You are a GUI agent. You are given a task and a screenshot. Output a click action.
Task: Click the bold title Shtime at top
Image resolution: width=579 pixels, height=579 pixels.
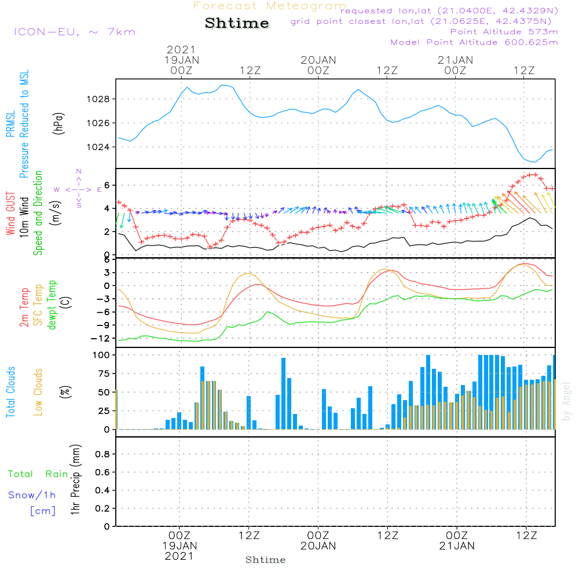click(237, 23)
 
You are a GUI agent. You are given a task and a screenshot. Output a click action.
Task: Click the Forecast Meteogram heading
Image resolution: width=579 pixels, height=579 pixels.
click(270, 6)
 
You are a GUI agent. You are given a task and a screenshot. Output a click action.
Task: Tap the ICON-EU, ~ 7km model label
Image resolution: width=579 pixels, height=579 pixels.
click(75, 32)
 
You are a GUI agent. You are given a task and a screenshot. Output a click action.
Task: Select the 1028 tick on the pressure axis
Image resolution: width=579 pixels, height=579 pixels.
click(98, 100)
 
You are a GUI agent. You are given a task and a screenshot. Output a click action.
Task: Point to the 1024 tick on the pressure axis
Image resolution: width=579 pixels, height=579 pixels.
click(98, 147)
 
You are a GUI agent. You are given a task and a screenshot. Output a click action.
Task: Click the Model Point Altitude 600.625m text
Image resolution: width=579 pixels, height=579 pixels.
click(474, 42)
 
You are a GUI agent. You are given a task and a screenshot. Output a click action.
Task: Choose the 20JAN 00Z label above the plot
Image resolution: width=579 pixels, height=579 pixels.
click(318, 65)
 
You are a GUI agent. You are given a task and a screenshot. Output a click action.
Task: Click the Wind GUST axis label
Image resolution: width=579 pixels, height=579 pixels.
click(10, 213)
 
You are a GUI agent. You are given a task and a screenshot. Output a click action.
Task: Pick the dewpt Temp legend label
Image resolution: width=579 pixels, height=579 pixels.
click(52, 305)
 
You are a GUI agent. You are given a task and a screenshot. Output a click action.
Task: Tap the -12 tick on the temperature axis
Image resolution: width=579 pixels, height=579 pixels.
click(100, 339)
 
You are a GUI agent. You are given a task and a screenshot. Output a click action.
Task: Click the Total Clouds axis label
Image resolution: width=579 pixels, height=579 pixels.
click(10, 392)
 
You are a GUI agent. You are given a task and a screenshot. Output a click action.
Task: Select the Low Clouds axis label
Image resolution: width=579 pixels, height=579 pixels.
click(38, 392)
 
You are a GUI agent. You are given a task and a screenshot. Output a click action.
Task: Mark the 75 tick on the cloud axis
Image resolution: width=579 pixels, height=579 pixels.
click(104, 373)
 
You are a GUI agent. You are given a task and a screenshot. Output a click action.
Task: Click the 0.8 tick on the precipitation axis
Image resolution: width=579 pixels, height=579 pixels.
click(102, 454)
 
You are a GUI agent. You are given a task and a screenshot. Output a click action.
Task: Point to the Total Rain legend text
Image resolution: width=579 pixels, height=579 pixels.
click(38, 474)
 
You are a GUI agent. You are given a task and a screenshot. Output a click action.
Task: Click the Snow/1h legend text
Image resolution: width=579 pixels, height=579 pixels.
click(32, 495)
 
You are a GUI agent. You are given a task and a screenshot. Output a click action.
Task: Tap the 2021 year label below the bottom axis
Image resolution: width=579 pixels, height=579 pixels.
click(179, 556)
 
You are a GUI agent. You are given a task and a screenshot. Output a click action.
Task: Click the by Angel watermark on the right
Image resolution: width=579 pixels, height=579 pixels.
click(566, 401)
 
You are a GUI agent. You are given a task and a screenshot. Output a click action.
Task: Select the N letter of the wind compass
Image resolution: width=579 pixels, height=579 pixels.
click(79, 172)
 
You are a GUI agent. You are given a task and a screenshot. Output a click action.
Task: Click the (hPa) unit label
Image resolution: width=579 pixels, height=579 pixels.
click(58, 123)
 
